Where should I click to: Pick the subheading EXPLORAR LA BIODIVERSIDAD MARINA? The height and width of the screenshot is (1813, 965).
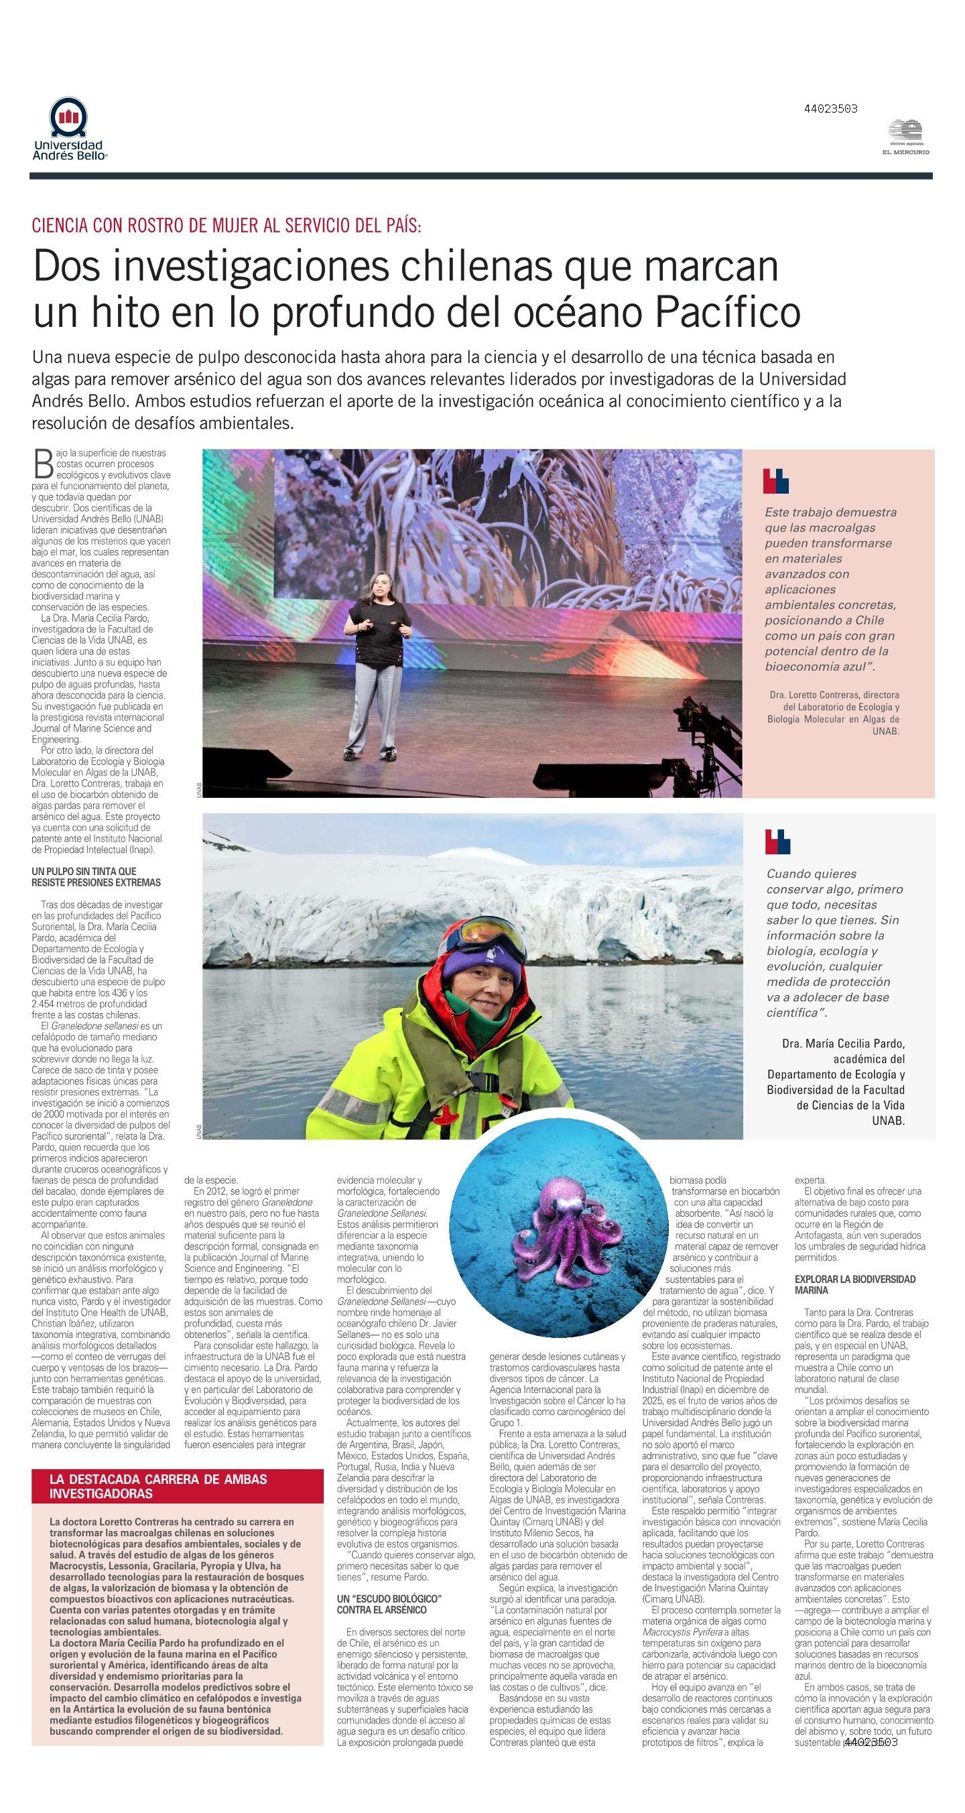coord(854,1284)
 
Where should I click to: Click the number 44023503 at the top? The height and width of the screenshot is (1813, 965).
coord(830,109)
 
